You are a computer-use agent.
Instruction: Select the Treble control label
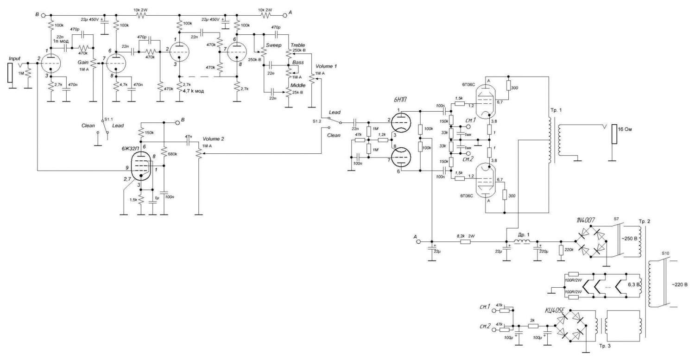coord(298,45)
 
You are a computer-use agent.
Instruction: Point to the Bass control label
coord(298,61)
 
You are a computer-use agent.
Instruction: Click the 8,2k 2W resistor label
coord(468,235)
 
